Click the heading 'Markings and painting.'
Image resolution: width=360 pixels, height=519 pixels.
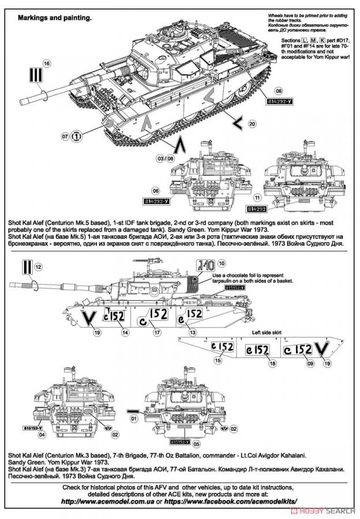click(x=55, y=18)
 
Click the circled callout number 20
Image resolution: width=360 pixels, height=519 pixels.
click(x=251, y=124)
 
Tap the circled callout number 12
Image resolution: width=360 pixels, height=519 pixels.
click(x=37, y=267)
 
